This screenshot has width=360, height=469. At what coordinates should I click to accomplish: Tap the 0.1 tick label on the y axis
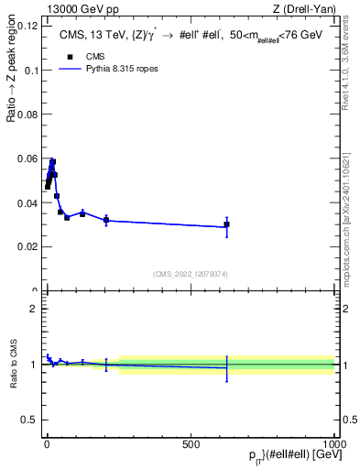(29, 70)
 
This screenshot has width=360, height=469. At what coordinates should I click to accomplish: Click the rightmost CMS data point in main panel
(227, 224)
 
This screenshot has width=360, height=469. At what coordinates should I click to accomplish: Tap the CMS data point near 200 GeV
(106, 220)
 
